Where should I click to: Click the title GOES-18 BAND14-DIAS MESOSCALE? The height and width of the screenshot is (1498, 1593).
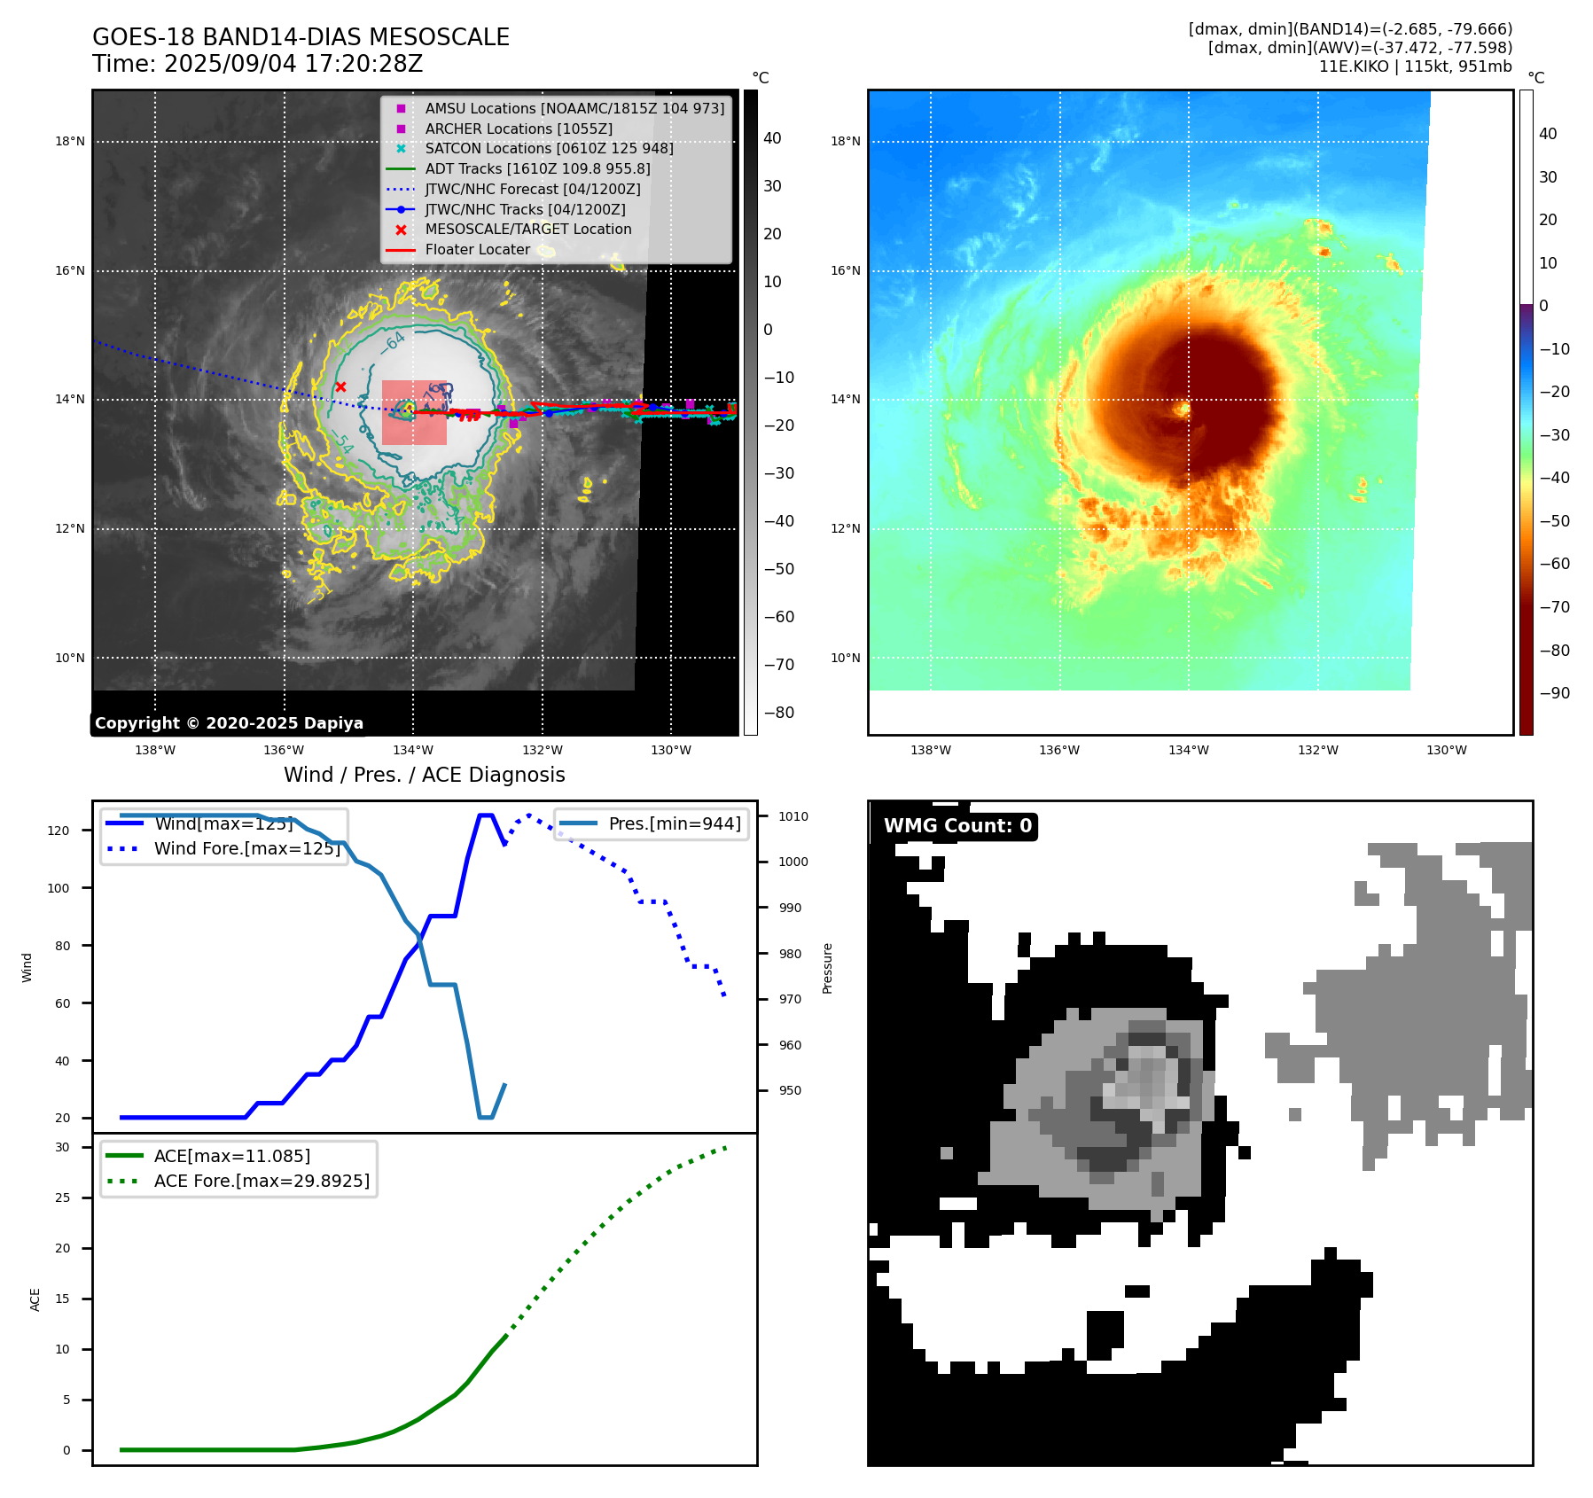click(301, 37)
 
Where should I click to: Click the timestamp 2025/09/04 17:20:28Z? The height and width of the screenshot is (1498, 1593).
click(293, 64)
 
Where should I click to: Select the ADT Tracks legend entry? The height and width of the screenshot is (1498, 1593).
click(537, 168)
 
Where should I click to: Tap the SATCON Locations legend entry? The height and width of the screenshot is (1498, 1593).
click(549, 148)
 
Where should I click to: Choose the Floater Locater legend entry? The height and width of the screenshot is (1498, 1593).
click(477, 250)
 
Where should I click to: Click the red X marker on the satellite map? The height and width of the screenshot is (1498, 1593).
click(341, 387)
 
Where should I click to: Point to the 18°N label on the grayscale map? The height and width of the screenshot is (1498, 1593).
click(70, 141)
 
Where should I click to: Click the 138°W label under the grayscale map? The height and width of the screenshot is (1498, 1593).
click(155, 750)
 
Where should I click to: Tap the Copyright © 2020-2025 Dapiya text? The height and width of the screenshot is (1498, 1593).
click(229, 723)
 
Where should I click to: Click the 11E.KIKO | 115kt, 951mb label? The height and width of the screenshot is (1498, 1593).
click(1415, 66)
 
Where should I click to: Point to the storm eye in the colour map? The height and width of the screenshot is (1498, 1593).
click(1182, 409)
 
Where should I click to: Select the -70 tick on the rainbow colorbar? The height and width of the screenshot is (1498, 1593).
click(1554, 607)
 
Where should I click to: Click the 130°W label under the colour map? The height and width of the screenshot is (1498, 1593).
click(1446, 750)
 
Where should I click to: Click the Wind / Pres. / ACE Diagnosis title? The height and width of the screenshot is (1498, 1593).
click(424, 775)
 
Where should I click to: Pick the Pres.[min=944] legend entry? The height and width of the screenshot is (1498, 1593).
click(675, 823)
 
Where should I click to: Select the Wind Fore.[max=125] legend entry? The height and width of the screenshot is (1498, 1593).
click(246, 848)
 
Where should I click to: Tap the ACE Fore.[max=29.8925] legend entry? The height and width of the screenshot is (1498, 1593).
click(262, 1181)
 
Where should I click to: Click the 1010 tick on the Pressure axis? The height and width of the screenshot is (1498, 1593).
click(793, 816)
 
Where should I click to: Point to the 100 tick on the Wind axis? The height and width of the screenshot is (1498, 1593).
click(59, 888)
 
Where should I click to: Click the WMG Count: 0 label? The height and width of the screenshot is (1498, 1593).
click(957, 826)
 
